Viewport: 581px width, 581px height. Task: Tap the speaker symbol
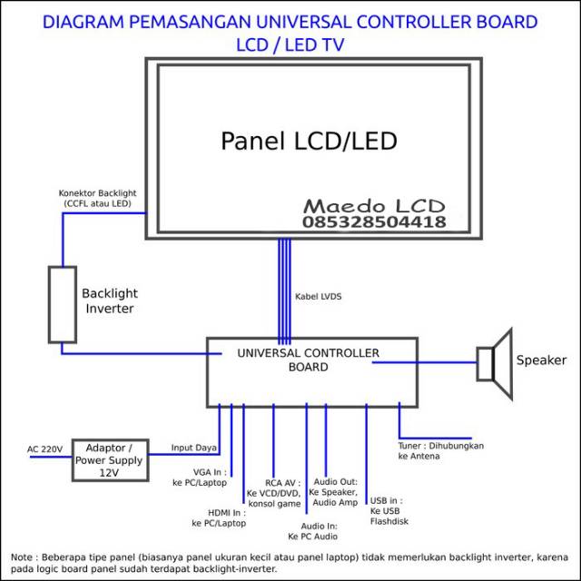pos(496,364)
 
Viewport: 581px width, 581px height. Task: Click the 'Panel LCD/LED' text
pos(309,142)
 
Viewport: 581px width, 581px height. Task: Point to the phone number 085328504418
pos(373,222)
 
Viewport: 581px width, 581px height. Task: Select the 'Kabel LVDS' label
pos(318,297)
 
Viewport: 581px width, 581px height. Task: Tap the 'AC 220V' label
pos(44,449)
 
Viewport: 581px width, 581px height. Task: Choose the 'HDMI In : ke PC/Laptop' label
pos(219,517)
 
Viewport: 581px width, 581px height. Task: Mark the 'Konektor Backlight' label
pos(97,198)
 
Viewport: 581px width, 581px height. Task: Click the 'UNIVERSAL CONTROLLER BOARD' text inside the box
pos(309,359)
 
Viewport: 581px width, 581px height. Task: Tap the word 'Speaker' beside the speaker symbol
pos(541,360)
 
